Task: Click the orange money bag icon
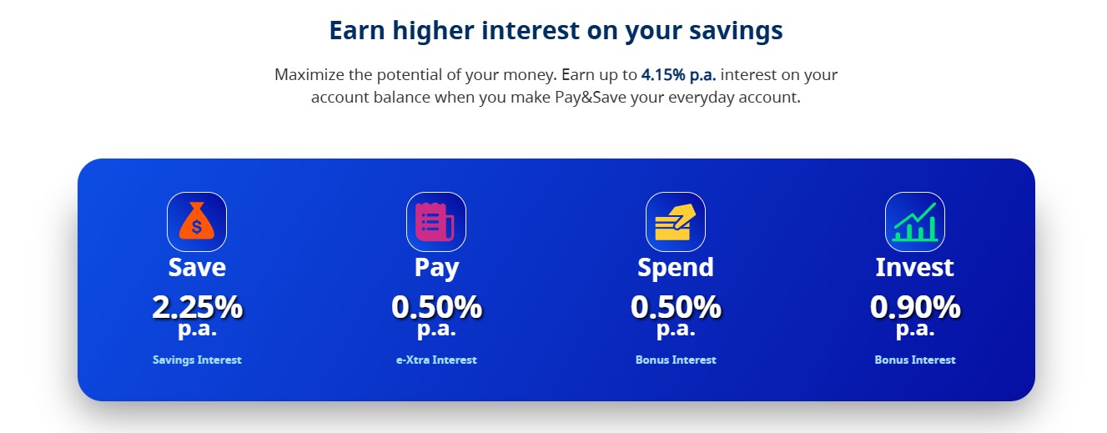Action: [x=197, y=222]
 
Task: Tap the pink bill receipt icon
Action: [x=436, y=222]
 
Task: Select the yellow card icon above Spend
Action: [x=676, y=222]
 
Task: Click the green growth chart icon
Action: [x=915, y=222]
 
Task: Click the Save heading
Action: [x=197, y=267]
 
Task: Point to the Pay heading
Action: [x=436, y=268]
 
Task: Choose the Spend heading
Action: [x=676, y=267]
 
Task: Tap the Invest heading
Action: [x=915, y=267]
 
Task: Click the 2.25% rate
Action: [x=197, y=308]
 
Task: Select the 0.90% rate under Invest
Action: [x=915, y=308]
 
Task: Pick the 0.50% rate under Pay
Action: [x=436, y=308]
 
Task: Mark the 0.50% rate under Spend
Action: [x=676, y=308]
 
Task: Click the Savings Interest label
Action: [x=197, y=360]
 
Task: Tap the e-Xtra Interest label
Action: [x=436, y=360]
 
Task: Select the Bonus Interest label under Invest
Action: [x=915, y=360]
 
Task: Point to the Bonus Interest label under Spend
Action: [x=676, y=360]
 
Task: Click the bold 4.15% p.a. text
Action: [x=678, y=75]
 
